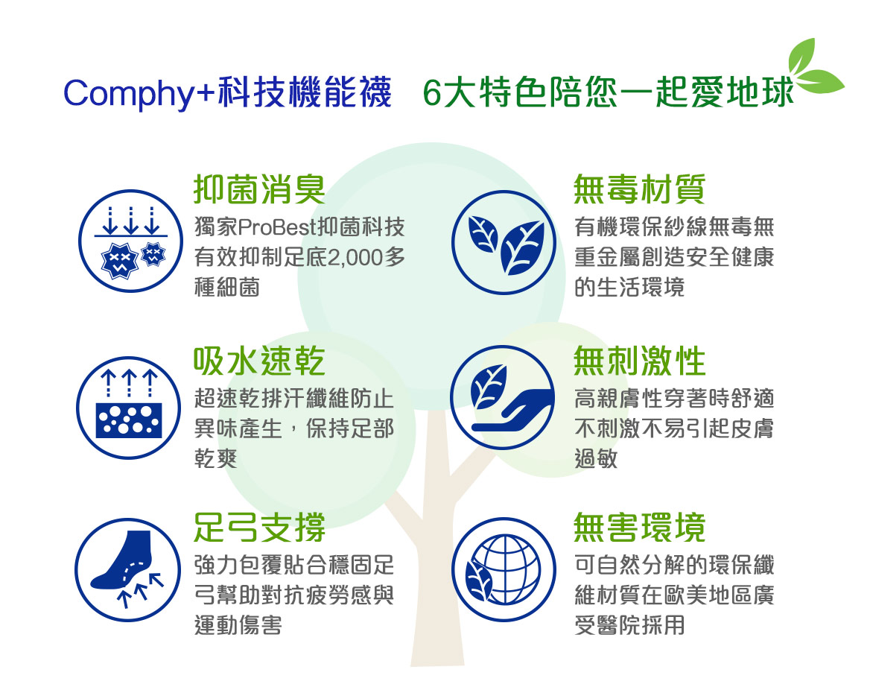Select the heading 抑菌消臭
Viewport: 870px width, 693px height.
260,189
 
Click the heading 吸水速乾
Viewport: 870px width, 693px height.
259,361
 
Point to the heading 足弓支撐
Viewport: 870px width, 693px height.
259,527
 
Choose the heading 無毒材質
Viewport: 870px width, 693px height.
639,189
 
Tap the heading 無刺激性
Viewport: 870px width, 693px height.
639,361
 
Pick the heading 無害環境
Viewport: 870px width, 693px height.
639,527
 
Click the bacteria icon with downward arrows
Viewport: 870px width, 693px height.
131,241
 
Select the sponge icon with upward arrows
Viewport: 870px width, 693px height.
129,408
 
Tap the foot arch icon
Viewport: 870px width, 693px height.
127,570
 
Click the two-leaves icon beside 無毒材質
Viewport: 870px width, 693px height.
504,242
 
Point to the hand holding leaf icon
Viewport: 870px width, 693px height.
503,398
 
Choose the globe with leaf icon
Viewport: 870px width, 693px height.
504,570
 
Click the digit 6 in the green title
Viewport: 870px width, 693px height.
433,93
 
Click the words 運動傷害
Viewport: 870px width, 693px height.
238,625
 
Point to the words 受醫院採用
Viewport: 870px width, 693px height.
629,625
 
